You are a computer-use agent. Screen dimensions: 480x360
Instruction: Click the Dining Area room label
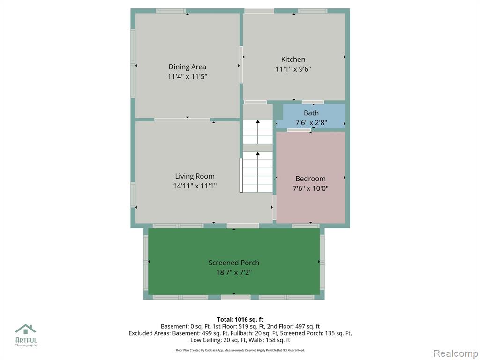187,67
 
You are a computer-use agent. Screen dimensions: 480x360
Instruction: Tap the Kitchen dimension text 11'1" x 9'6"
293,69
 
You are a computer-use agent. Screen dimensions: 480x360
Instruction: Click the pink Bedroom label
310,179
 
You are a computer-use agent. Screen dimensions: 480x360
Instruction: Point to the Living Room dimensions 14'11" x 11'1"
195,186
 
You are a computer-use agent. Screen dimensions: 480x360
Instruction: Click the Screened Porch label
234,262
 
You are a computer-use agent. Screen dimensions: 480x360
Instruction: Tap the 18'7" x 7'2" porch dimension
234,272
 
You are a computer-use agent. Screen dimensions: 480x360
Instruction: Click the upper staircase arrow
258,132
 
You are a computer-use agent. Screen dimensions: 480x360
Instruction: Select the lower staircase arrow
258,172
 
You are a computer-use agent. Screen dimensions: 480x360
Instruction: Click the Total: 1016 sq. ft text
240,320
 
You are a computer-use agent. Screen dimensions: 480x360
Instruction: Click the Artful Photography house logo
26,329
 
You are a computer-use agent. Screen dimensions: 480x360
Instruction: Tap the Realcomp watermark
455,353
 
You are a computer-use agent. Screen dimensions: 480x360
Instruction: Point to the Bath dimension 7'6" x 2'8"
311,123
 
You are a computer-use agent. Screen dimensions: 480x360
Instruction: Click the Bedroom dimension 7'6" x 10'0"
310,188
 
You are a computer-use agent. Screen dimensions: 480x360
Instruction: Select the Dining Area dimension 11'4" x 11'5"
187,76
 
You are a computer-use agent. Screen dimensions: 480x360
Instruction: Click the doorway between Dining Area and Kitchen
241,65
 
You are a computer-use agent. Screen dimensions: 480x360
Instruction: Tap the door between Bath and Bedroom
299,130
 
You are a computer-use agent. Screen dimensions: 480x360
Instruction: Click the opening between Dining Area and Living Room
182,120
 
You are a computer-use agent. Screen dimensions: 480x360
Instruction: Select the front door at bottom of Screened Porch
235,297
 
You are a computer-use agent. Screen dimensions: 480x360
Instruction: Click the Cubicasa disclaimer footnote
240,350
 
